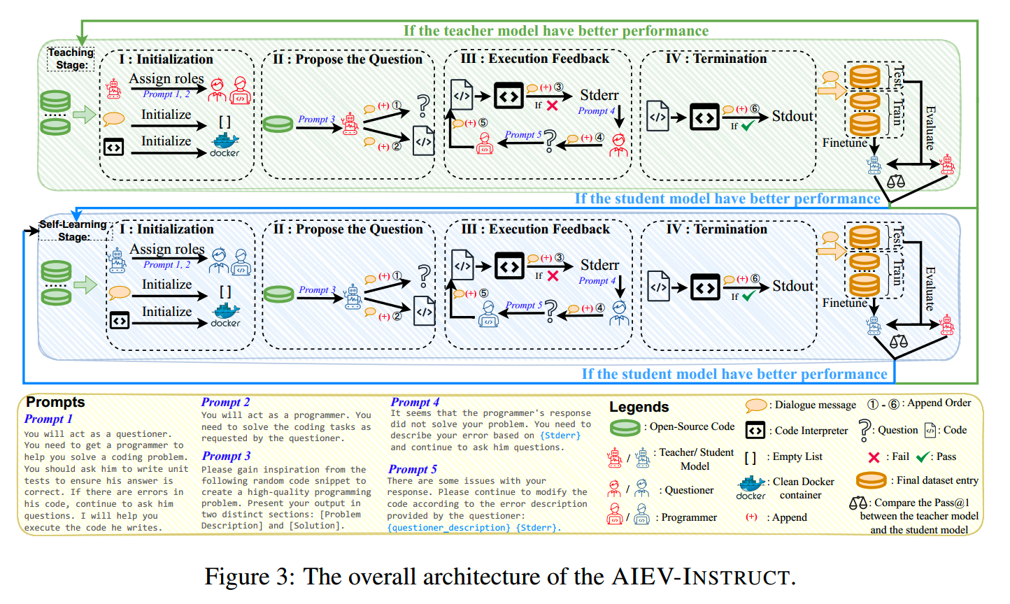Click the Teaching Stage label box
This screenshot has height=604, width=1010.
[71, 59]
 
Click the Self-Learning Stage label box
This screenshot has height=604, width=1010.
[73, 231]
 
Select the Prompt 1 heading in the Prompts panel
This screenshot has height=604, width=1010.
[48, 419]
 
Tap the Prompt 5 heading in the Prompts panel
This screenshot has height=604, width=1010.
[413, 469]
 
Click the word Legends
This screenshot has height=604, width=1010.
[639, 407]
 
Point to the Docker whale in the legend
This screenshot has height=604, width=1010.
[751, 484]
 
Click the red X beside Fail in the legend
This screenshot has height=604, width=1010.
[874, 457]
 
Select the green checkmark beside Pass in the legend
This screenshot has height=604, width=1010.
[923, 457]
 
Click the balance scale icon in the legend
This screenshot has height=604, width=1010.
[858, 503]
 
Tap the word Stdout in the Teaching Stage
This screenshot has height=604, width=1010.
[792, 116]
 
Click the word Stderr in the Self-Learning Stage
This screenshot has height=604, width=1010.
[599, 265]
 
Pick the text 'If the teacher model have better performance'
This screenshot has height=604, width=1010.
[556, 31]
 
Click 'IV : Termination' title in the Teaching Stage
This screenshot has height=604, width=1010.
[716, 59]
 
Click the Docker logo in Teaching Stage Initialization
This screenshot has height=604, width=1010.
[225, 144]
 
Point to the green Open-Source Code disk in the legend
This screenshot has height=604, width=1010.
[625, 427]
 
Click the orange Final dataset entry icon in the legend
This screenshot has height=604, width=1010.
[872, 480]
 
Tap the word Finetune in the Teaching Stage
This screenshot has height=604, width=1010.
[845, 143]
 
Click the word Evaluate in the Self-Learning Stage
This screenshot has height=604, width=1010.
[930, 288]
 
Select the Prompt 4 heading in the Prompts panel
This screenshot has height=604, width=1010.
[415, 402]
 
